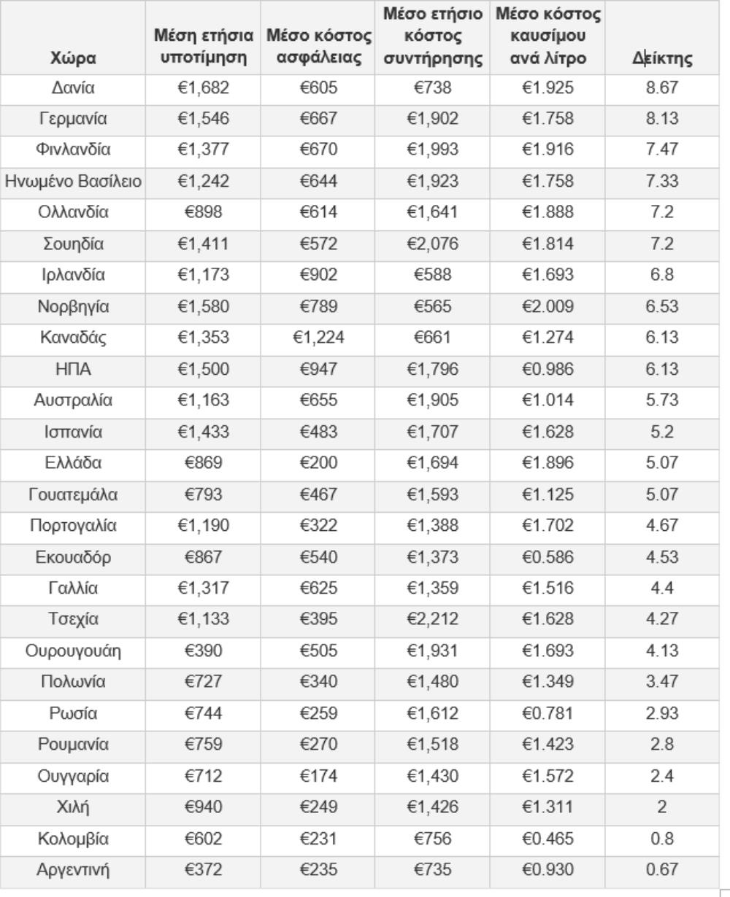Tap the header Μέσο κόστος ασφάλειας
click(319, 46)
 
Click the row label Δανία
click(73, 88)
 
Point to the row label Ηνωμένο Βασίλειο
click(73, 182)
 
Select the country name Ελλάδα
click(73, 462)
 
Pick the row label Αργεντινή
click(73, 869)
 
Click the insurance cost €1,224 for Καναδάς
click(319, 338)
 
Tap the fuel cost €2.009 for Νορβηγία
click(547, 306)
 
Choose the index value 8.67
click(662, 88)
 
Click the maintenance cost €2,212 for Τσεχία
click(434, 619)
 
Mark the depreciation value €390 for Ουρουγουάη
click(204, 651)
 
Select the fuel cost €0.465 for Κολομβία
click(547, 839)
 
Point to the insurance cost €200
click(319, 462)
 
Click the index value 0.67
click(662, 869)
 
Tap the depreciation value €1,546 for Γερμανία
click(204, 119)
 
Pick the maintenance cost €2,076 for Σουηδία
click(434, 244)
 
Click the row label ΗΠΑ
click(73, 369)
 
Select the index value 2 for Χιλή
click(662, 807)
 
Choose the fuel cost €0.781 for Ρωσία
click(547, 713)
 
